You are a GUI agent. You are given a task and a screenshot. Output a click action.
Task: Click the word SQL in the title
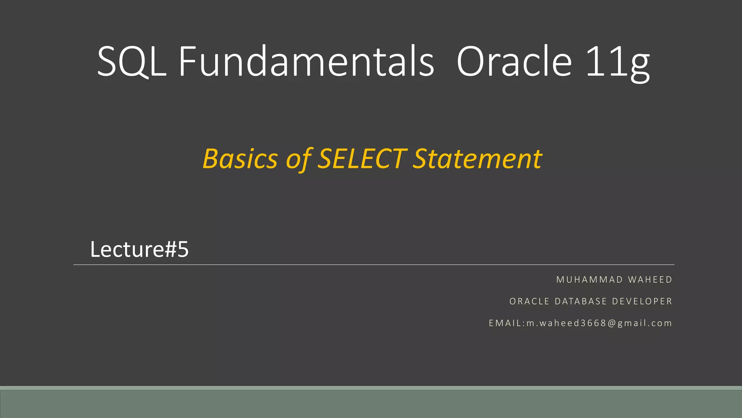click(x=131, y=62)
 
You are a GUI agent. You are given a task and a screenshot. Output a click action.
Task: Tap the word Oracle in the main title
click(x=514, y=62)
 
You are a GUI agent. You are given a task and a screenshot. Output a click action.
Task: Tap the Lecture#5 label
click(x=139, y=249)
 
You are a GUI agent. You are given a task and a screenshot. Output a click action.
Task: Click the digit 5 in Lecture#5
click(x=183, y=249)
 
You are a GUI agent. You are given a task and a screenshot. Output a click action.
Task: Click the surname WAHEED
click(x=650, y=280)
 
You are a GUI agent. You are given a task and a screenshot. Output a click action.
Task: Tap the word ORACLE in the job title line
click(x=529, y=302)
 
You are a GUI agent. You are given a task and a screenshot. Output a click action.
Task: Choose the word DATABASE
click(x=581, y=302)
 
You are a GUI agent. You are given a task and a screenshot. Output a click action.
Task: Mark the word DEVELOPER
click(x=642, y=302)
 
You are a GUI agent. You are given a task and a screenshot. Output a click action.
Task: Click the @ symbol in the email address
click(x=612, y=323)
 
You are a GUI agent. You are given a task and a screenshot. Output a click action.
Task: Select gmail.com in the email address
click(x=645, y=323)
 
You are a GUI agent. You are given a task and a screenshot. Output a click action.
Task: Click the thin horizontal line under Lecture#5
click(x=373, y=265)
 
